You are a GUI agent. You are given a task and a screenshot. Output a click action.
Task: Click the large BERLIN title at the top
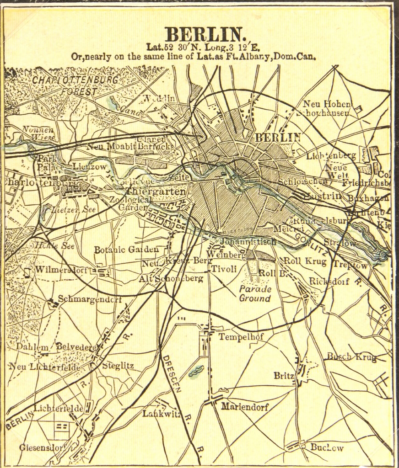pyautogui.click(x=205, y=35)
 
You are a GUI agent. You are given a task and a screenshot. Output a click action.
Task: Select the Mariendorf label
pyautogui.click(x=245, y=406)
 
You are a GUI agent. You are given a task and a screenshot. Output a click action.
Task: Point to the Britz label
pyautogui.click(x=284, y=376)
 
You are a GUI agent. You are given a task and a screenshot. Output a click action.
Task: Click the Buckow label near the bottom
pyautogui.click(x=327, y=447)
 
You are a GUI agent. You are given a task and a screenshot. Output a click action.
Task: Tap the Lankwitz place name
pyautogui.click(x=159, y=414)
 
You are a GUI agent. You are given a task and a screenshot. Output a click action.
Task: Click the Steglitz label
pyautogui.click(x=118, y=366)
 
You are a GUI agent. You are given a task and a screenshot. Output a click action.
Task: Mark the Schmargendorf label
pyautogui.click(x=90, y=300)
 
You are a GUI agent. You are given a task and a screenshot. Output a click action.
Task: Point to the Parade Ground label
pyautogui.click(x=255, y=293)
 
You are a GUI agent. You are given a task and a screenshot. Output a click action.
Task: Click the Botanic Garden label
pyautogui.click(x=126, y=250)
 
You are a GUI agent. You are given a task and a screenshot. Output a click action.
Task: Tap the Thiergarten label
pyautogui.click(x=156, y=191)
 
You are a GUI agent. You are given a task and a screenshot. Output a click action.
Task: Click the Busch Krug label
pyautogui.click(x=351, y=357)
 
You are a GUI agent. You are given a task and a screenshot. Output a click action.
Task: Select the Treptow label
pyautogui.click(x=350, y=265)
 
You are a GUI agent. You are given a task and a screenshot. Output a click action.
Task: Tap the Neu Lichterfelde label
pyautogui.click(x=44, y=367)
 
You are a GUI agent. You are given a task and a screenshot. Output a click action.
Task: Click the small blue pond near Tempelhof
pyautogui.click(x=196, y=371)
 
